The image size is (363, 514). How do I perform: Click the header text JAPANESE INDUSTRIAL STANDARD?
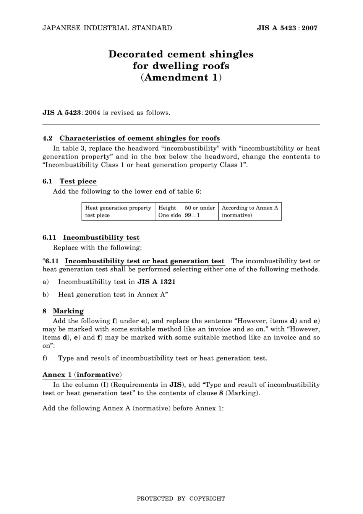(x=107, y=28)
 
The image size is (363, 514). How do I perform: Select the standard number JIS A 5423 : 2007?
(x=287, y=28)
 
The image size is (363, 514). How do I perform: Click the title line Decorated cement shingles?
(x=181, y=54)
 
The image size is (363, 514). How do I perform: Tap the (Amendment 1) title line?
(x=181, y=77)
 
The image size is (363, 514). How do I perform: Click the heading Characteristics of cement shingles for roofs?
(x=139, y=138)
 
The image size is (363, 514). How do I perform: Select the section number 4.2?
(x=47, y=138)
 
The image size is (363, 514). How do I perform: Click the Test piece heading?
(x=78, y=182)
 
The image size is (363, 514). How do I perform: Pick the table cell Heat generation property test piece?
(x=118, y=211)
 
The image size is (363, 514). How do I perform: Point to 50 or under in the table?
(x=200, y=208)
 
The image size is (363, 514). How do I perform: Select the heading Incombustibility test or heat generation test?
(x=144, y=261)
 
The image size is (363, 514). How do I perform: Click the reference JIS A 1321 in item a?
(x=156, y=282)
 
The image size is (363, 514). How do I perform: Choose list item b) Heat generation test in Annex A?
(x=113, y=295)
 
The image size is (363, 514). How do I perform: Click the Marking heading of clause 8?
(x=68, y=311)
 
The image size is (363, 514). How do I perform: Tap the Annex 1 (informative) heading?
(x=82, y=375)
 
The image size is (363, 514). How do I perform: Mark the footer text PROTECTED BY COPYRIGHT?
(x=181, y=499)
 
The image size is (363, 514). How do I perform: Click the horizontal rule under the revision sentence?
(x=181, y=125)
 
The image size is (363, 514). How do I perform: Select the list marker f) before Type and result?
(x=45, y=358)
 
